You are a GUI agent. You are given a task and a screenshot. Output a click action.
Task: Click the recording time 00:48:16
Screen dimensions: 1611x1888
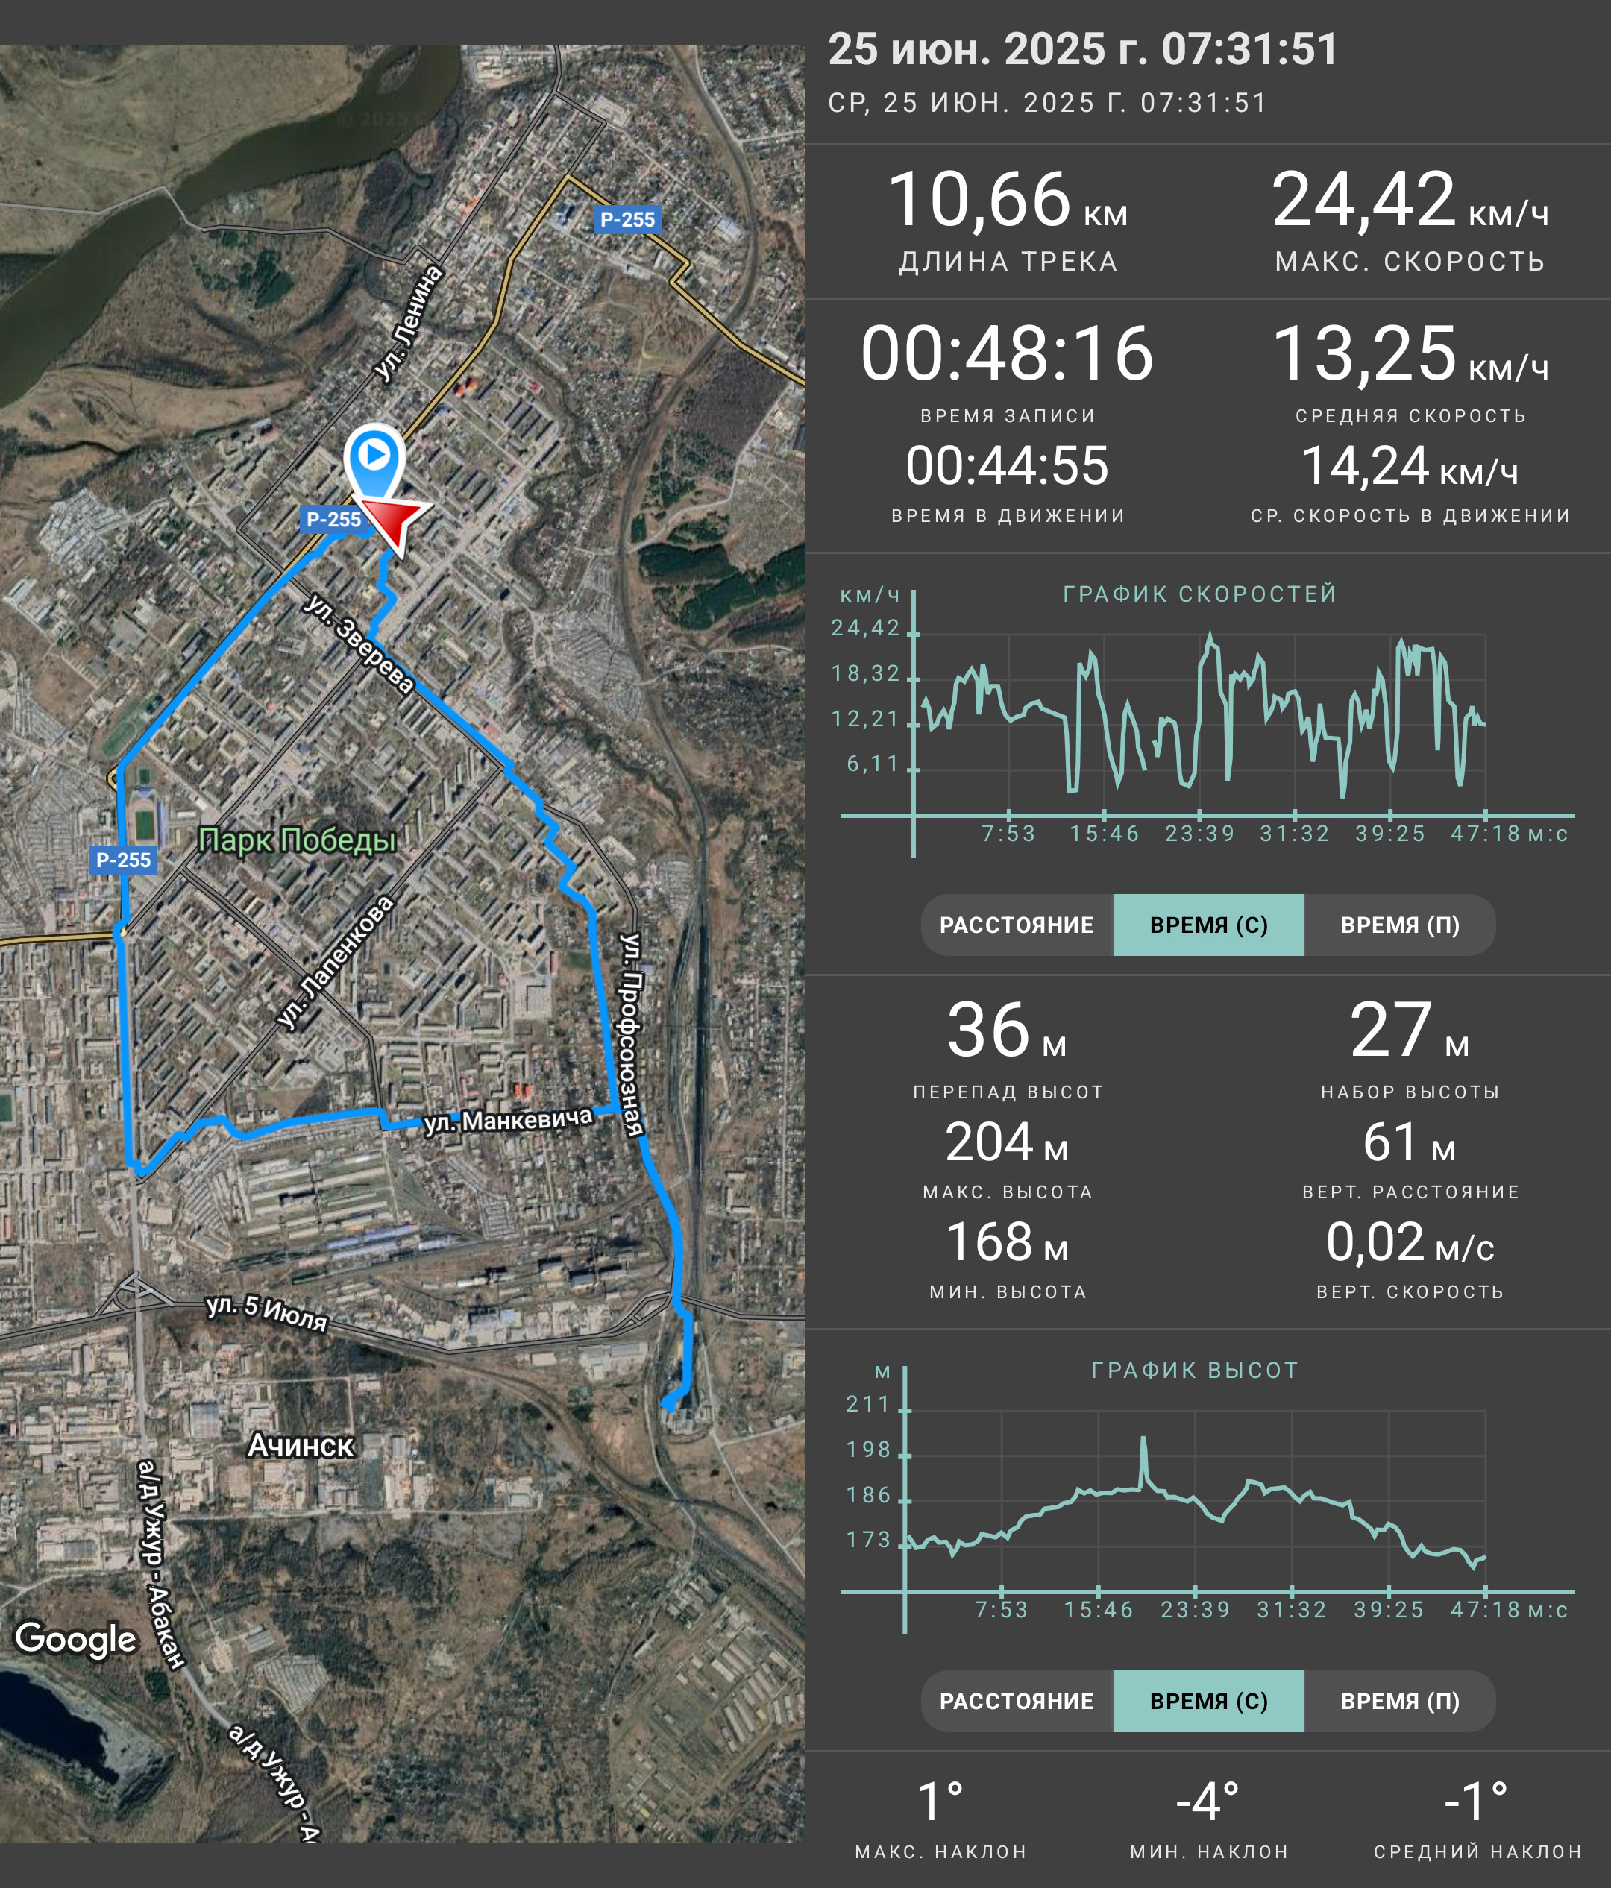click(1007, 353)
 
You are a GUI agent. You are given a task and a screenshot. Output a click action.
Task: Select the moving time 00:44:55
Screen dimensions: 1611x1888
click(1007, 465)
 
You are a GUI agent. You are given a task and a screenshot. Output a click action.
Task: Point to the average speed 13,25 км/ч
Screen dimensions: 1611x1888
click(1410, 353)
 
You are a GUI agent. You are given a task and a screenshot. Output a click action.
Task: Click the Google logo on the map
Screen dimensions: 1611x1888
click(75, 1638)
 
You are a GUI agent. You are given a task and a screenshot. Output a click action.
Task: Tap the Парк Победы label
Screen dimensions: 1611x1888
click(297, 839)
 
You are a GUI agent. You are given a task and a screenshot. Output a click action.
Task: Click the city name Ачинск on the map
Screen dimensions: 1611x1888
click(301, 1445)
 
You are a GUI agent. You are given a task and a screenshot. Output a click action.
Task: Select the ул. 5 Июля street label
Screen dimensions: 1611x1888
click(267, 1312)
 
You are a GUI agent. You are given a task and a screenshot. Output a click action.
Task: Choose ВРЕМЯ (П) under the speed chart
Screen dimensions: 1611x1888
click(1400, 925)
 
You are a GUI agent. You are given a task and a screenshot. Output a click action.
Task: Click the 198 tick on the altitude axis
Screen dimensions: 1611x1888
click(867, 1449)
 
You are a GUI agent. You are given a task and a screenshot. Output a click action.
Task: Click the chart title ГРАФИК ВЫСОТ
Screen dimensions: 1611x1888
click(1195, 1370)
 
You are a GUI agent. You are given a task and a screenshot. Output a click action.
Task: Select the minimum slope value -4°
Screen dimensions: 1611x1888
click(1208, 1802)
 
